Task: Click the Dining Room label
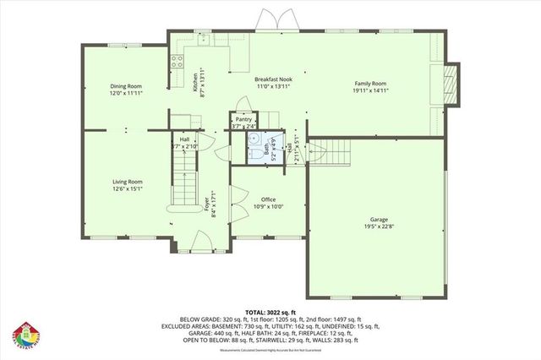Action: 125,85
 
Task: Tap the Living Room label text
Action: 128,181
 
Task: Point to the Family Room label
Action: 369,85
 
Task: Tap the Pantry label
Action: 243,120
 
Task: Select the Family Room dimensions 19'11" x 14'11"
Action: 369,91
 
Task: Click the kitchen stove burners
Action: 178,60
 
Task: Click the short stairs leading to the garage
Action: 330,152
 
